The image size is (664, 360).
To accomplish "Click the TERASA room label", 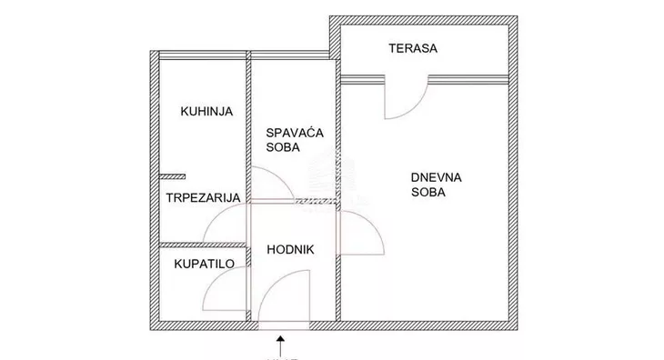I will coord(412,49).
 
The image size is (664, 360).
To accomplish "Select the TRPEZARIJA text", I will coord(202,197).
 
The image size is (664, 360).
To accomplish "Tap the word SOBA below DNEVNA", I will coord(428,193).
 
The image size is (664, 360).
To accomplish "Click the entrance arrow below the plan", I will coord(280,345).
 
